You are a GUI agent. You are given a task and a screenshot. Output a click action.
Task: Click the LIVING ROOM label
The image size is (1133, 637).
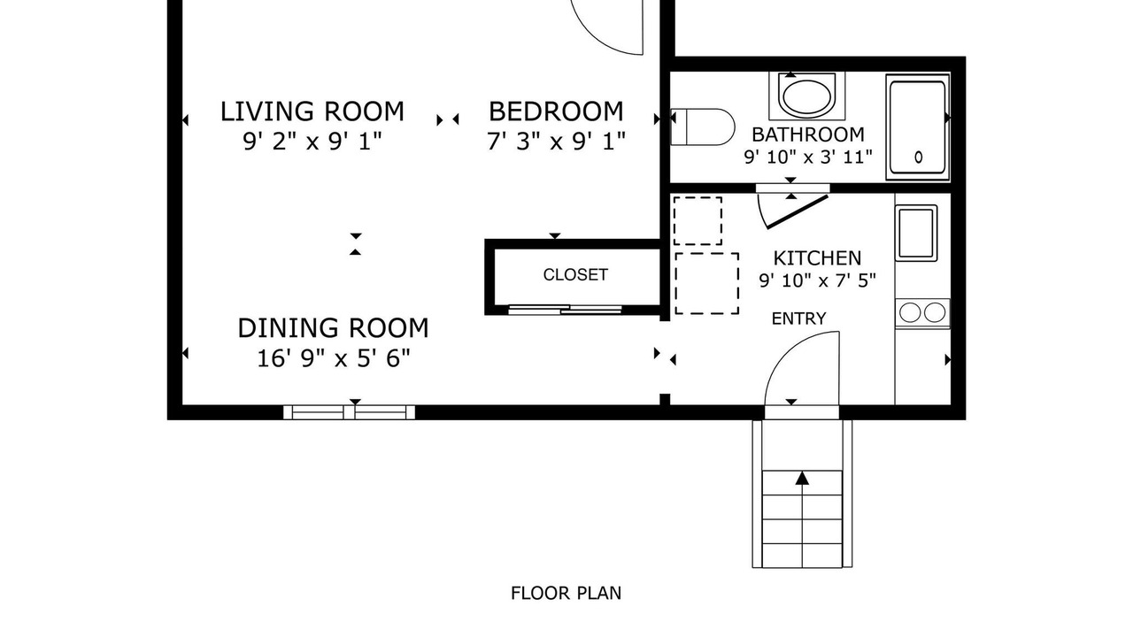pyautogui.click(x=312, y=111)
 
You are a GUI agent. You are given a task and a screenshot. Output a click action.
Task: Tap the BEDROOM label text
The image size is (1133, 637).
pyautogui.click(x=556, y=111)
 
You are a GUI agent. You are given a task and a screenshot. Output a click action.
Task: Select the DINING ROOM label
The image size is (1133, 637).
pyautogui.click(x=334, y=328)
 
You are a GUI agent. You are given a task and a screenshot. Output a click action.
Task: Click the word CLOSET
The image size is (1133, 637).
pyautogui.click(x=575, y=274)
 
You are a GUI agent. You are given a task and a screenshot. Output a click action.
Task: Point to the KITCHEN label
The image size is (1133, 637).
pyautogui.click(x=817, y=258)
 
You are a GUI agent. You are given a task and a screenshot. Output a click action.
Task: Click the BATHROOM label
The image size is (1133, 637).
pyautogui.click(x=808, y=134)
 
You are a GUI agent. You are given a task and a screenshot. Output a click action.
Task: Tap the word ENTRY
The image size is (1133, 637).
pyautogui.click(x=799, y=318)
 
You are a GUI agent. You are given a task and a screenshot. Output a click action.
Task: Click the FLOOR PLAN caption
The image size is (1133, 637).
pyautogui.click(x=566, y=593)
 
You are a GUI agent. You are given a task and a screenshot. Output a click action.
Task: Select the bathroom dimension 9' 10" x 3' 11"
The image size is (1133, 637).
pyautogui.click(x=808, y=157)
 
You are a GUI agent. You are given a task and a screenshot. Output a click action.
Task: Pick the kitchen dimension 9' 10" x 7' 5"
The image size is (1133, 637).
pyautogui.click(x=817, y=280)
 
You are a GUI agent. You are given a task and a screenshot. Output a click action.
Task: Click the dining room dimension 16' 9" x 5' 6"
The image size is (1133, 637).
pyautogui.click(x=334, y=358)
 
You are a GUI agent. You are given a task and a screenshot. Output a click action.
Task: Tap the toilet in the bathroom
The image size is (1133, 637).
pyautogui.click(x=703, y=127)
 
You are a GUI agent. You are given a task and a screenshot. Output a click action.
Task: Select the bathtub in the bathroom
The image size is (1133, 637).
pyautogui.click(x=918, y=127)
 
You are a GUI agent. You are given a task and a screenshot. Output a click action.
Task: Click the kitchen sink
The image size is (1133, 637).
pyautogui.click(x=916, y=233)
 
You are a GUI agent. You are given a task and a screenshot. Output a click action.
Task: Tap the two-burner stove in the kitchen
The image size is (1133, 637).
pyautogui.click(x=922, y=313)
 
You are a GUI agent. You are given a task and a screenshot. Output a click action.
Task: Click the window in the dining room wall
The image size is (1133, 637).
pyautogui.click(x=349, y=412)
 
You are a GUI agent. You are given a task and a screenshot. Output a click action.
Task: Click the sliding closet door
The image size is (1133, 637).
pyautogui.click(x=565, y=310)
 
